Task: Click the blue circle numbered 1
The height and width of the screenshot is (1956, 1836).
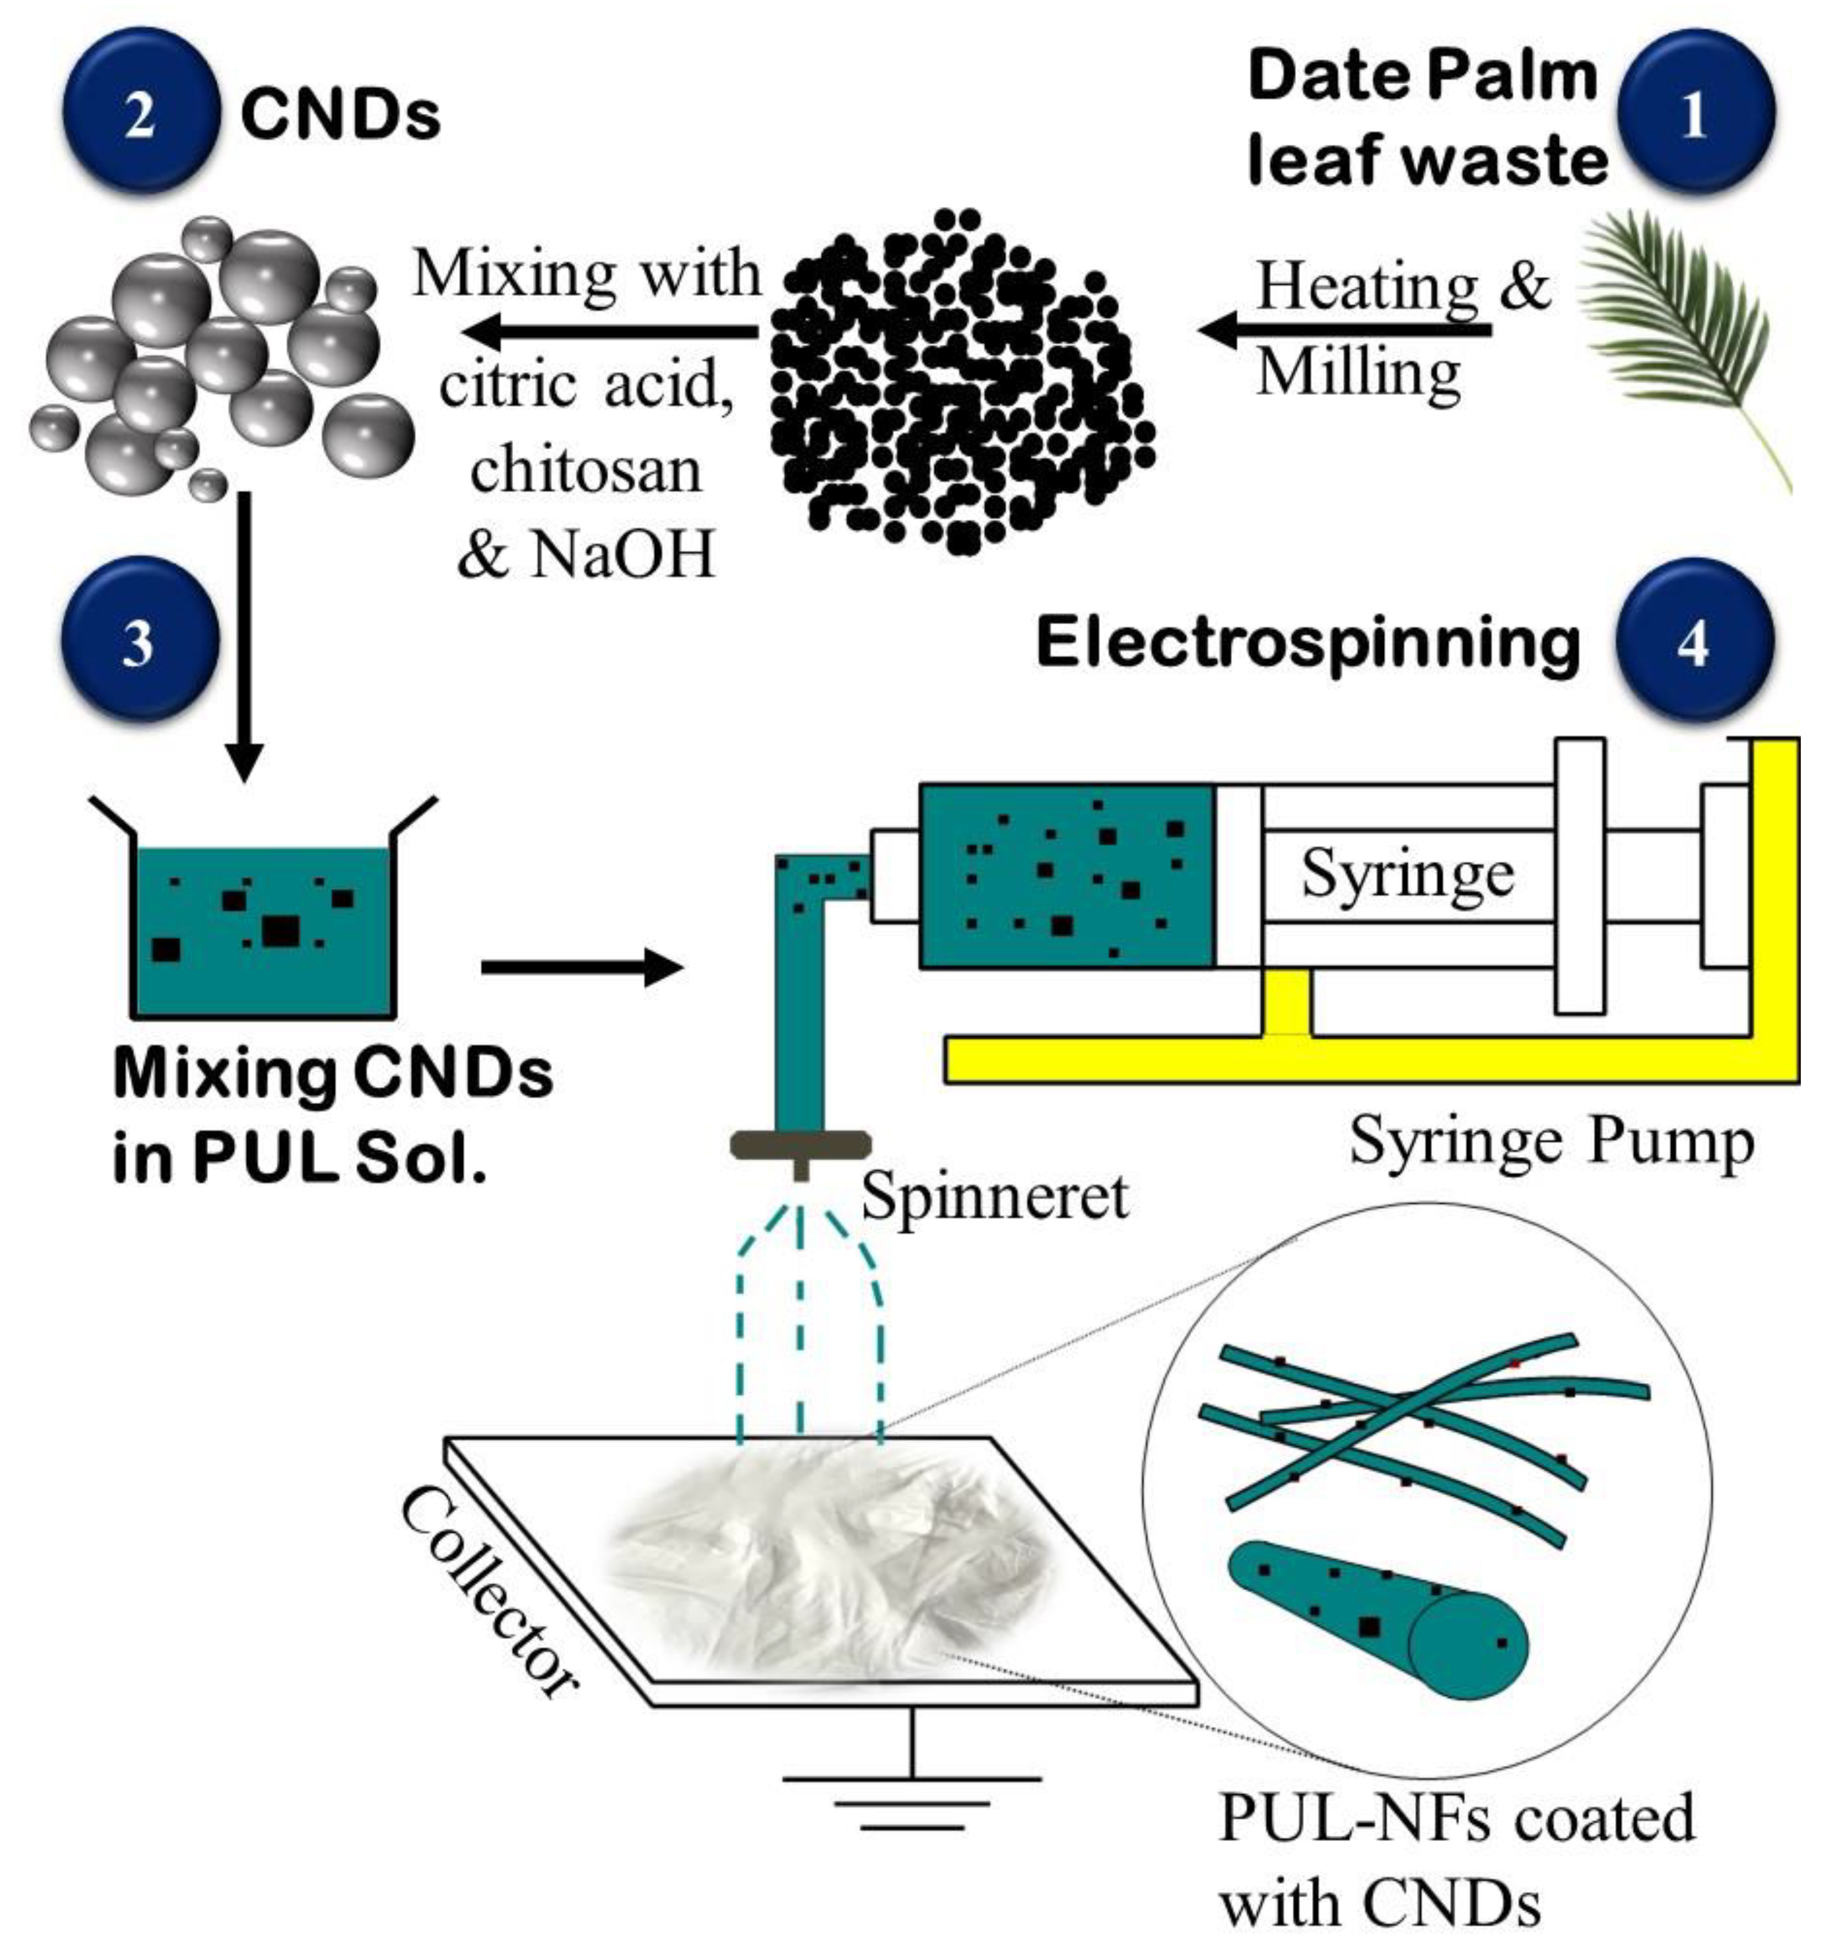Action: (x=1694, y=111)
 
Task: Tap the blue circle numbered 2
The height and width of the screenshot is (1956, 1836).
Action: (x=139, y=111)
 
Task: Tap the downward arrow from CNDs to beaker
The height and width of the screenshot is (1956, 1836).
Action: (x=244, y=640)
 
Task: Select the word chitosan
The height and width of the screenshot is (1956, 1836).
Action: (x=586, y=470)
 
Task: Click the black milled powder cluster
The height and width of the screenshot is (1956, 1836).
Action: (x=960, y=384)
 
